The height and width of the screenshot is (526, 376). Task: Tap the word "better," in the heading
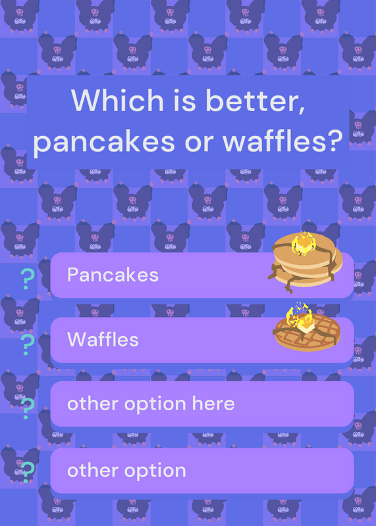pyautogui.click(x=255, y=101)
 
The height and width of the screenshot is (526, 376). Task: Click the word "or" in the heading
pyautogui.click(x=199, y=142)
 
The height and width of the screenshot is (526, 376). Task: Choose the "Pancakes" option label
pyautogui.click(x=113, y=275)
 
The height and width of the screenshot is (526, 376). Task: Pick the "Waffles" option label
pyautogui.click(x=103, y=339)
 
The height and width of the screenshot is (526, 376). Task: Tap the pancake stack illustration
pyautogui.click(x=305, y=262)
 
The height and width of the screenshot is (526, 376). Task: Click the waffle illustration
pyautogui.click(x=307, y=330)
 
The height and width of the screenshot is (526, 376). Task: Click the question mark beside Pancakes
pyautogui.click(x=27, y=279)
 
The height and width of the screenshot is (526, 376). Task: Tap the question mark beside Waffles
pyautogui.click(x=27, y=345)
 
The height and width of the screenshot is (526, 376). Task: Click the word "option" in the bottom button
pyautogui.click(x=155, y=471)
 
